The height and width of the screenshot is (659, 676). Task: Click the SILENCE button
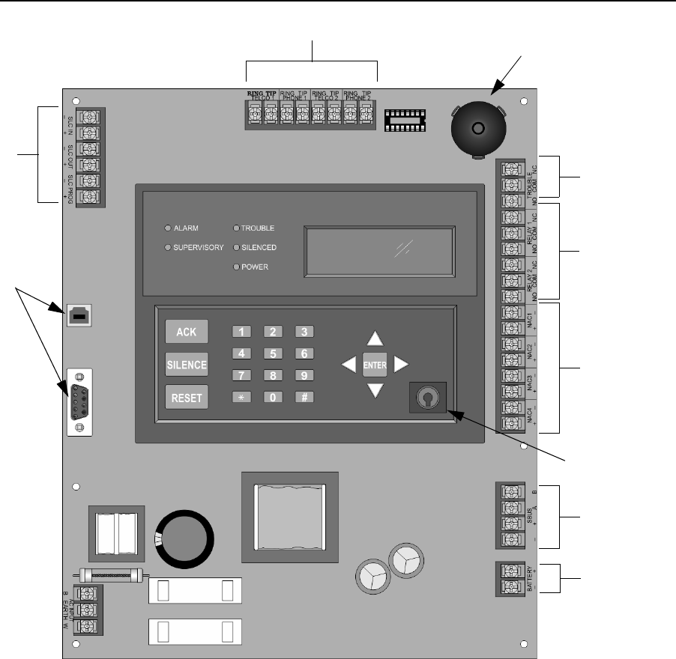click(x=186, y=364)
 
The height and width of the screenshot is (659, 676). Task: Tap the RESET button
click(x=186, y=398)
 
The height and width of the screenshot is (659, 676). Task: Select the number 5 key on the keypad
click(x=274, y=353)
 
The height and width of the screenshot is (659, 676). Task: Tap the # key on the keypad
click(x=303, y=398)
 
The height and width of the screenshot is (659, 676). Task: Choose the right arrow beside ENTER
click(x=402, y=364)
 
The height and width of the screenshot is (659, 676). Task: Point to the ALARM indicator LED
click(x=168, y=228)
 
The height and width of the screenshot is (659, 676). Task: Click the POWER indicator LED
click(x=236, y=267)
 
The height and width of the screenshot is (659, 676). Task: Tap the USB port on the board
click(x=78, y=317)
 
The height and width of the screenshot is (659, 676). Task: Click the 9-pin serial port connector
click(x=79, y=401)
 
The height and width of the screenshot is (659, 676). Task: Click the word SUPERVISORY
click(x=199, y=247)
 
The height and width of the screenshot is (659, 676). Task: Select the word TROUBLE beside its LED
click(x=259, y=228)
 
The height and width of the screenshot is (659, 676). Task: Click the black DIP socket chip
click(x=405, y=118)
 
